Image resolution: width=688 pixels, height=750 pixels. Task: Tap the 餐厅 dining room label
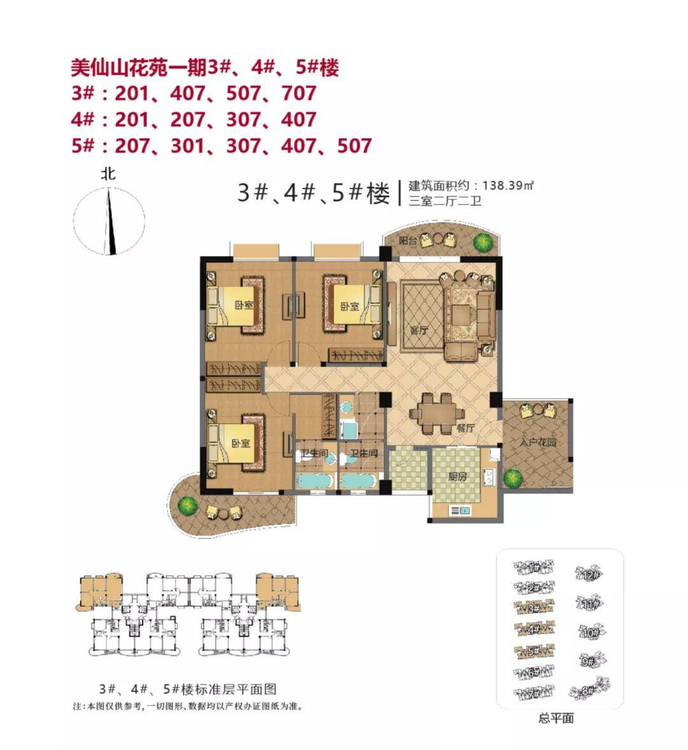coord(466,429)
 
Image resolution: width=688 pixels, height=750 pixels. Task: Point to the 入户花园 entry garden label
coord(534,441)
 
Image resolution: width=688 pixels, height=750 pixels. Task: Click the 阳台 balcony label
coord(408,241)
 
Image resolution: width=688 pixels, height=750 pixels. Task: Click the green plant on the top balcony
coord(483,242)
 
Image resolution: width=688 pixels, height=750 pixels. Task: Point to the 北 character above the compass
coord(108,173)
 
